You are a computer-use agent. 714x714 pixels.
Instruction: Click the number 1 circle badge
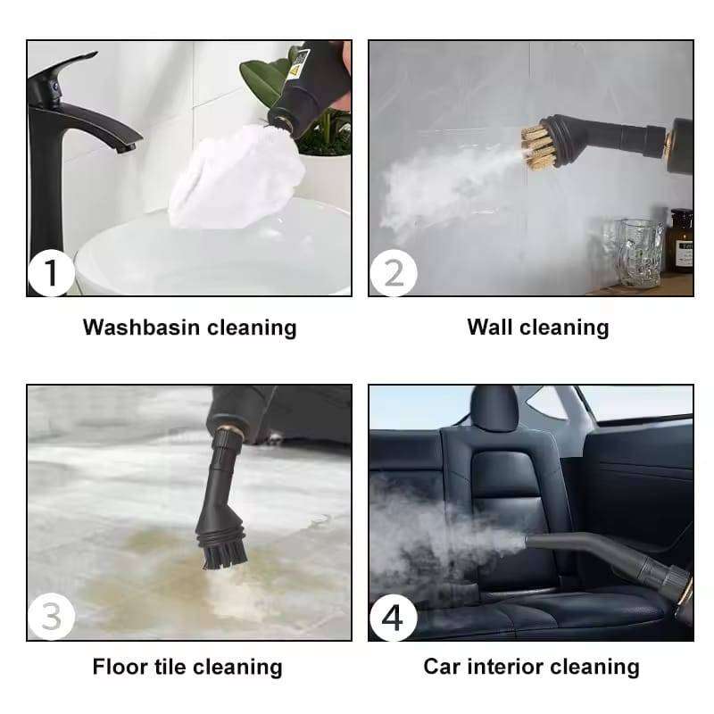click(52, 272)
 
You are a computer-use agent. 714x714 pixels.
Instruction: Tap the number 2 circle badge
click(394, 272)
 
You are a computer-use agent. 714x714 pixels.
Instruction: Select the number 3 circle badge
click(52, 617)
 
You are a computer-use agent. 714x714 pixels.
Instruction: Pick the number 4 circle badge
click(394, 617)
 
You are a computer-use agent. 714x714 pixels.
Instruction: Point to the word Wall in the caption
click(489, 328)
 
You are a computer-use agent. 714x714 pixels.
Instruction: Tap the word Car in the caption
click(443, 667)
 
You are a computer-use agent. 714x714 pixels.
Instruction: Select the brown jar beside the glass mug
click(682, 241)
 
